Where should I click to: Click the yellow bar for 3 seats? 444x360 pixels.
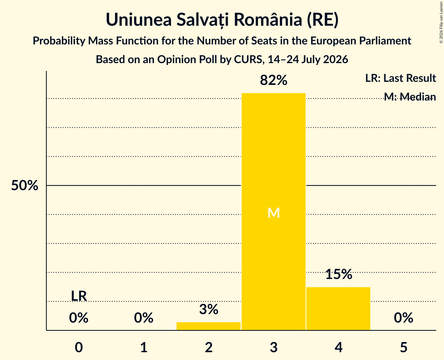pos(274,212)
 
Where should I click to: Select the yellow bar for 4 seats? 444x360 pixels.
pos(338,309)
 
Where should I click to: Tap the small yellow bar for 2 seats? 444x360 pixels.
pos(209,326)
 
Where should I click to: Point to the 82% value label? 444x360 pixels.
pos(274,80)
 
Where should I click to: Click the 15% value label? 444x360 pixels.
pos(339,274)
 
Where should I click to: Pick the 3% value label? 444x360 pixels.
pos(209,309)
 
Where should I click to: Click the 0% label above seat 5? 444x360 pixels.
pos(403,318)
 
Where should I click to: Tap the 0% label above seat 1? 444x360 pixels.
pos(143,318)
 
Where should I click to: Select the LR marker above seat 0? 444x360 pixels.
pos(79,296)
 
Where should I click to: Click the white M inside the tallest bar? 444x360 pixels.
pos(274,213)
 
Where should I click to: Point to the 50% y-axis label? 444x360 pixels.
pos(25,186)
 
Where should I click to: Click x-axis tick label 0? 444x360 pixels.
pos(79,347)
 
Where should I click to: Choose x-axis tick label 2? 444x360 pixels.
pos(209,347)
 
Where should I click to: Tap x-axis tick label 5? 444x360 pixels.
pos(403,347)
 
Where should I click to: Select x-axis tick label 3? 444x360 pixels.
pos(274,347)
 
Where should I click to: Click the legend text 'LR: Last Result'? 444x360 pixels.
pos(400,78)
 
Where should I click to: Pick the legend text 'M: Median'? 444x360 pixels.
pos(410,97)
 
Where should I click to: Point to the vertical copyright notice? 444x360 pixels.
pos(441,22)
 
